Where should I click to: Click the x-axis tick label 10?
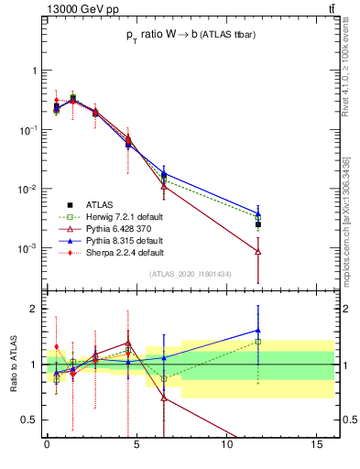coord(227,446)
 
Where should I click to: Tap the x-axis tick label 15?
coord(317,446)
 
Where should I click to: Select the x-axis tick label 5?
coord(136,446)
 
